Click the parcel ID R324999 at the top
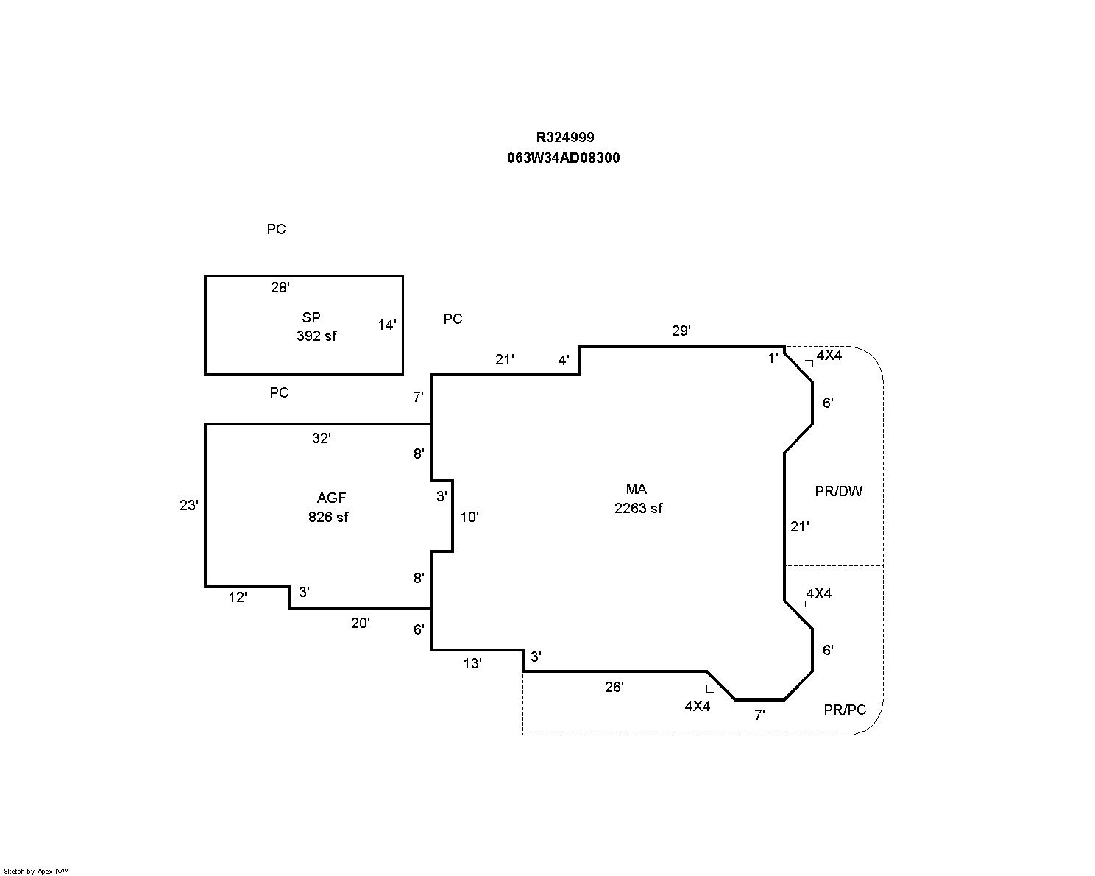564,137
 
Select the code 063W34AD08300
563,158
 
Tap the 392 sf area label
316,336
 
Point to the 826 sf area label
328,517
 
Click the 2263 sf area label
638,508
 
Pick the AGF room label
331,498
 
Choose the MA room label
636,490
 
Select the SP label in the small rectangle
311,318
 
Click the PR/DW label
838,491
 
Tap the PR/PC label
845,710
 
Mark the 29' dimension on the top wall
681,331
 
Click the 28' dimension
280,288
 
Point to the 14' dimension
387,325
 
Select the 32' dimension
321,438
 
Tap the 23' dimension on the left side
188,505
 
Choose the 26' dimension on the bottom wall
614,687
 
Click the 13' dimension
472,663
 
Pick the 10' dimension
469,517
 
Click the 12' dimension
237,598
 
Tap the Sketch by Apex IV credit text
36,871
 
